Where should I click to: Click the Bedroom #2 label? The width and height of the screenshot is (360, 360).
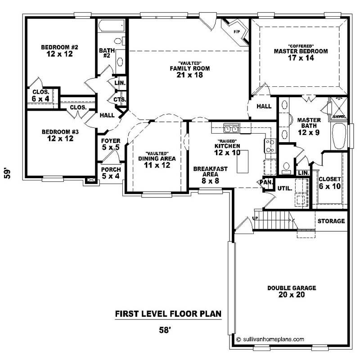60,47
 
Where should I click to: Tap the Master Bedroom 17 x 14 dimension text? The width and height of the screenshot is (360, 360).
301,58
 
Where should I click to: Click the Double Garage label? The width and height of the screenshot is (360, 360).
292,288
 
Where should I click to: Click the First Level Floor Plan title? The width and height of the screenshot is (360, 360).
168,314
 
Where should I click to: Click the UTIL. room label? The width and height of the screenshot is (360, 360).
283,188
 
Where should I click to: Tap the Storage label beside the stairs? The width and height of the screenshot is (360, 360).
331,221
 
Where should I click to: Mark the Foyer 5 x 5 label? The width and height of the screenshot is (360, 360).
110,144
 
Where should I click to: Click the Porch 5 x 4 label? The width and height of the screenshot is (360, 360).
110,172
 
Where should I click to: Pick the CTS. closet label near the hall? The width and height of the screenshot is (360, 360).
120,99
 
